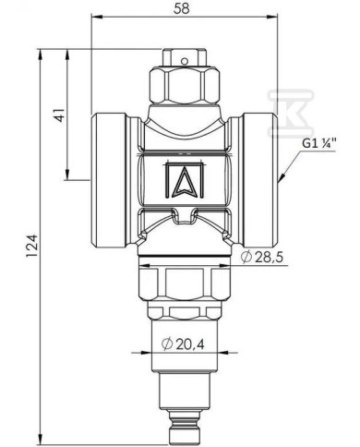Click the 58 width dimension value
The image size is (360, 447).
tap(182, 8)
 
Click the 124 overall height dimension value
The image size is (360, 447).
tap(32, 246)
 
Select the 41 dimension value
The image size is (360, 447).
tap(60, 115)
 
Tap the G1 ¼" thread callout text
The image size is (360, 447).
tap(319, 144)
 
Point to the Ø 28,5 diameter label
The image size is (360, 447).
tap(262, 258)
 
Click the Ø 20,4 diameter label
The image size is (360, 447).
tap(183, 344)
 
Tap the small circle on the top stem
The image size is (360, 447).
tap(184, 61)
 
